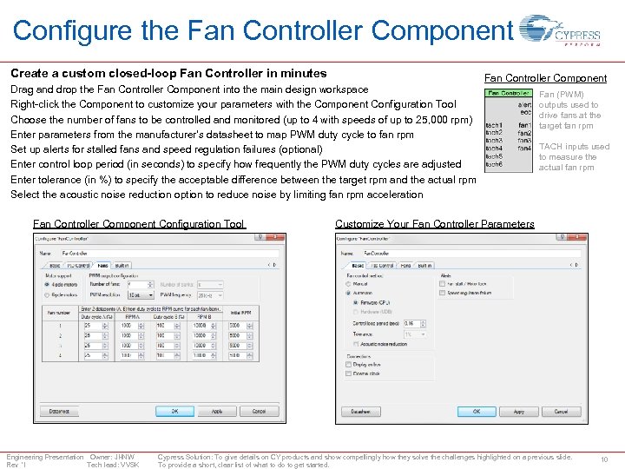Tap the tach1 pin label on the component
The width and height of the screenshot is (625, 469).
pyautogui.click(x=494, y=125)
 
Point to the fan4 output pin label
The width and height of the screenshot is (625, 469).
pyautogui.click(x=524, y=149)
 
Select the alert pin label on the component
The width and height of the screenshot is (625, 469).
pyautogui.click(x=524, y=103)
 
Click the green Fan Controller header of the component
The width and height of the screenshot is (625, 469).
pyautogui.click(x=509, y=93)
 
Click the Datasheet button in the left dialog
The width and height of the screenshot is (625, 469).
pyautogui.click(x=59, y=411)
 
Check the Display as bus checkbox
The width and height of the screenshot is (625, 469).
pyautogui.click(x=349, y=365)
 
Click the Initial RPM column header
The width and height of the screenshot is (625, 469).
pyautogui.click(x=240, y=312)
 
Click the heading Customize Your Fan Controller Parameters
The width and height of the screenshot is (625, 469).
pyautogui.click(x=434, y=224)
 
